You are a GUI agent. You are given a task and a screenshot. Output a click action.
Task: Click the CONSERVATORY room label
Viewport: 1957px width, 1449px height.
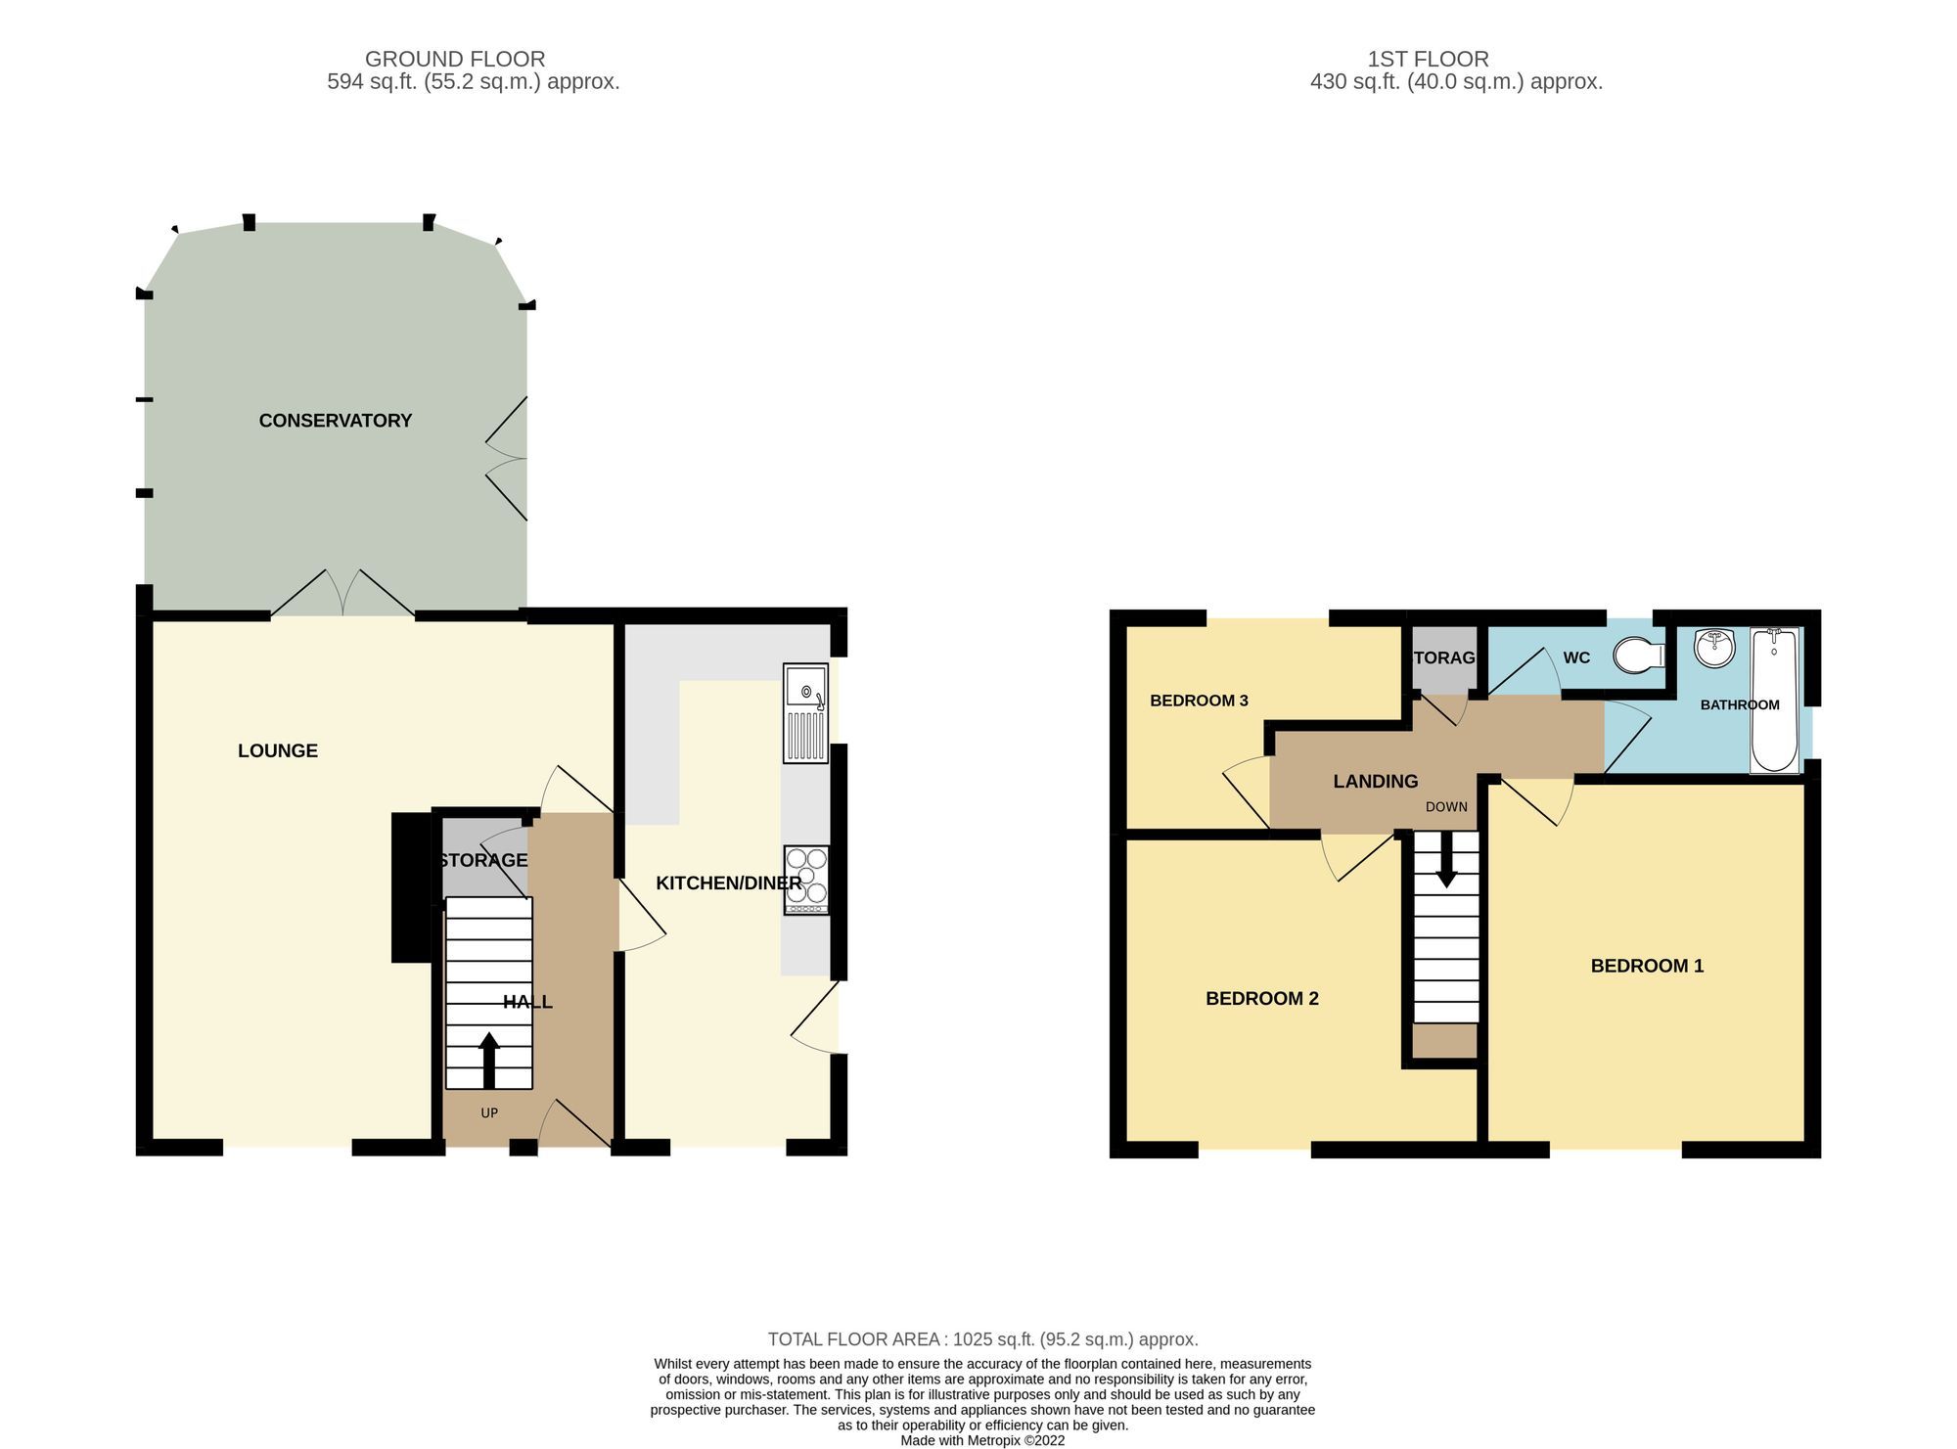[335, 421]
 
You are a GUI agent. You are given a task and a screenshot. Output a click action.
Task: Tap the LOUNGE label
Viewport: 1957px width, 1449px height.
[278, 750]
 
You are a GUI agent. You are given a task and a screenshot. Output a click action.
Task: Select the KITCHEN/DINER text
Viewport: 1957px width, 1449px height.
[728, 883]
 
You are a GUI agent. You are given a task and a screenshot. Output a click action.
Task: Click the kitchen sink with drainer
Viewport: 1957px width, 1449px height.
[805, 713]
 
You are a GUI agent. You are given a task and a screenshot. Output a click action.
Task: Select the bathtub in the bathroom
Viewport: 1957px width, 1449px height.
[1774, 701]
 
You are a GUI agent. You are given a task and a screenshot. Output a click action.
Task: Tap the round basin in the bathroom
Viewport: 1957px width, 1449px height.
[1714, 648]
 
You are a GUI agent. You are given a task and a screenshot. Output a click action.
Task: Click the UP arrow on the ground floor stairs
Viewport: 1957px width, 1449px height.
[488, 1061]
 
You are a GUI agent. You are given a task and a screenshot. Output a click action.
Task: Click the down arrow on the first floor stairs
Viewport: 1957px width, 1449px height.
[1445, 866]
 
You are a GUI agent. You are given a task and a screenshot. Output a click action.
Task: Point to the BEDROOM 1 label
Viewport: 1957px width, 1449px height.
[1647, 967]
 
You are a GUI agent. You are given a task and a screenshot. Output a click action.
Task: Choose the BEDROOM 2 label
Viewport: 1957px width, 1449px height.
[1261, 999]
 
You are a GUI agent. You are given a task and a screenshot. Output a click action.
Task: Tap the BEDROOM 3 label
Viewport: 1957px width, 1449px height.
[1199, 701]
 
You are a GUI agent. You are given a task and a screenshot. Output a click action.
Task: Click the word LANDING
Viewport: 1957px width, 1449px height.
[1375, 782]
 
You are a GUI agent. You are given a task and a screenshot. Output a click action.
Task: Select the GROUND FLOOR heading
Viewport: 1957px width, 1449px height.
[455, 59]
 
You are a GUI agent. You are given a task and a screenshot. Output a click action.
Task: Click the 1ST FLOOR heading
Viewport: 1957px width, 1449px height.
[1428, 59]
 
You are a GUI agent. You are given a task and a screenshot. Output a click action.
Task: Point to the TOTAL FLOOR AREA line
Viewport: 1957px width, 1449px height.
[982, 1339]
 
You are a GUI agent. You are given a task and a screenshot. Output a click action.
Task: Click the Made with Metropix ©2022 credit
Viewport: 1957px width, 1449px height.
[982, 1440]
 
